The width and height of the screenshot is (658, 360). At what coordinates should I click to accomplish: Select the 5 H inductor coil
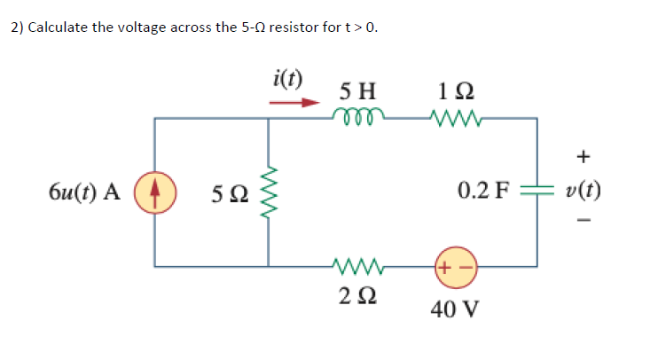pyautogui.click(x=358, y=116)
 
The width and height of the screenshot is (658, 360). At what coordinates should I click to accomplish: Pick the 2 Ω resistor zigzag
pyautogui.click(x=358, y=264)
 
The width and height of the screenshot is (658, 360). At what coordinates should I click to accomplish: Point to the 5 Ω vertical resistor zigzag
pyautogui.click(x=268, y=192)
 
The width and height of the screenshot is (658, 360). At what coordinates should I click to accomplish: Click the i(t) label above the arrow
pyautogui.click(x=286, y=78)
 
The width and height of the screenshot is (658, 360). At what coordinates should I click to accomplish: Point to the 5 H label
pyautogui.click(x=357, y=90)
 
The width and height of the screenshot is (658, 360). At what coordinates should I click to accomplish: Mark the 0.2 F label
pyautogui.click(x=484, y=190)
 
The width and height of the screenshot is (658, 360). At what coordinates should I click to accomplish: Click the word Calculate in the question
pyautogui.click(x=59, y=27)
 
